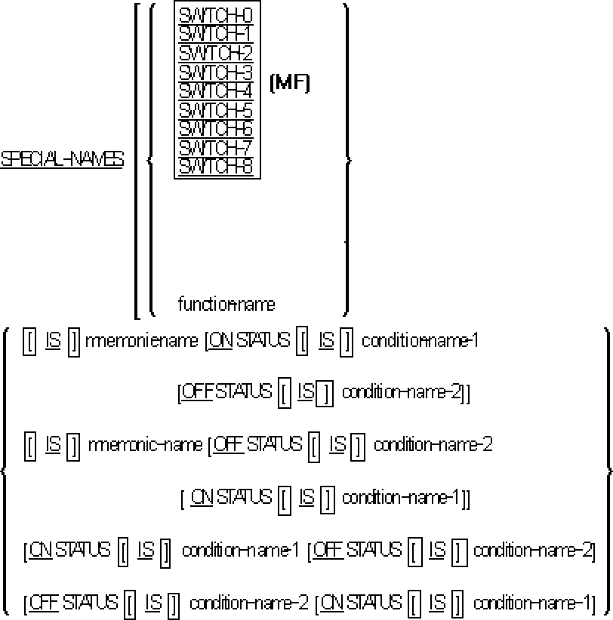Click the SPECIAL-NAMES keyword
pyautogui.click(x=62, y=160)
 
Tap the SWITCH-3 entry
pyautogui.click(x=216, y=73)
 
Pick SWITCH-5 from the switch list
pyautogui.click(x=216, y=111)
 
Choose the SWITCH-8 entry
pyautogui.click(x=216, y=167)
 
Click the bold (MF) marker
pyautogui.click(x=290, y=84)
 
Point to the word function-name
pyautogui.click(x=226, y=305)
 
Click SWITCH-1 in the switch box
pyautogui.click(x=216, y=35)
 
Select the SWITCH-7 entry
pyautogui.click(x=216, y=148)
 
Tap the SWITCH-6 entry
pyautogui.click(x=216, y=129)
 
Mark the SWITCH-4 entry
pyautogui.click(x=216, y=91)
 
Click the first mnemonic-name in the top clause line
pyautogui.click(x=143, y=342)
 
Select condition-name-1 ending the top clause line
pyautogui.click(x=420, y=342)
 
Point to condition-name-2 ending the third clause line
pyautogui.click(x=433, y=445)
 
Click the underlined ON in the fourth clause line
pyautogui.click(x=201, y=497)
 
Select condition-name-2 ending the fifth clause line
pyautogui.click(x=533, y=550)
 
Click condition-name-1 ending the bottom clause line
pyautogui.click(x=530, y=603)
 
